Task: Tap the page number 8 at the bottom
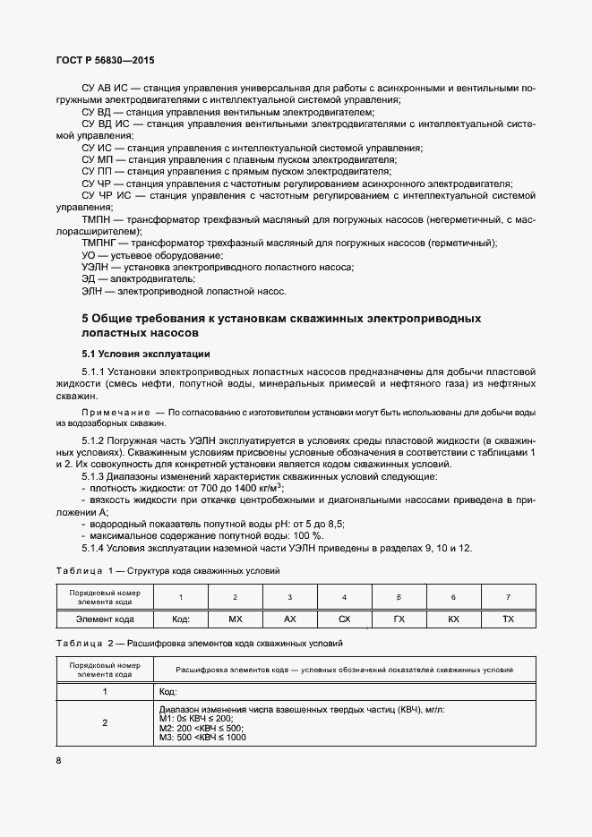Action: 58,760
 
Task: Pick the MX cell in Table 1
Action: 236,619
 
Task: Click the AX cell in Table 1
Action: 289,619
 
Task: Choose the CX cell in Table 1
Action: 345,619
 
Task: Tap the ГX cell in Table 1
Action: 399,619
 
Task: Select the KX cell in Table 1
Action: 453,619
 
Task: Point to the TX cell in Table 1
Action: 508,619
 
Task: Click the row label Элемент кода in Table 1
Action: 105,619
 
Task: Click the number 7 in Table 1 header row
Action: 508,596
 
